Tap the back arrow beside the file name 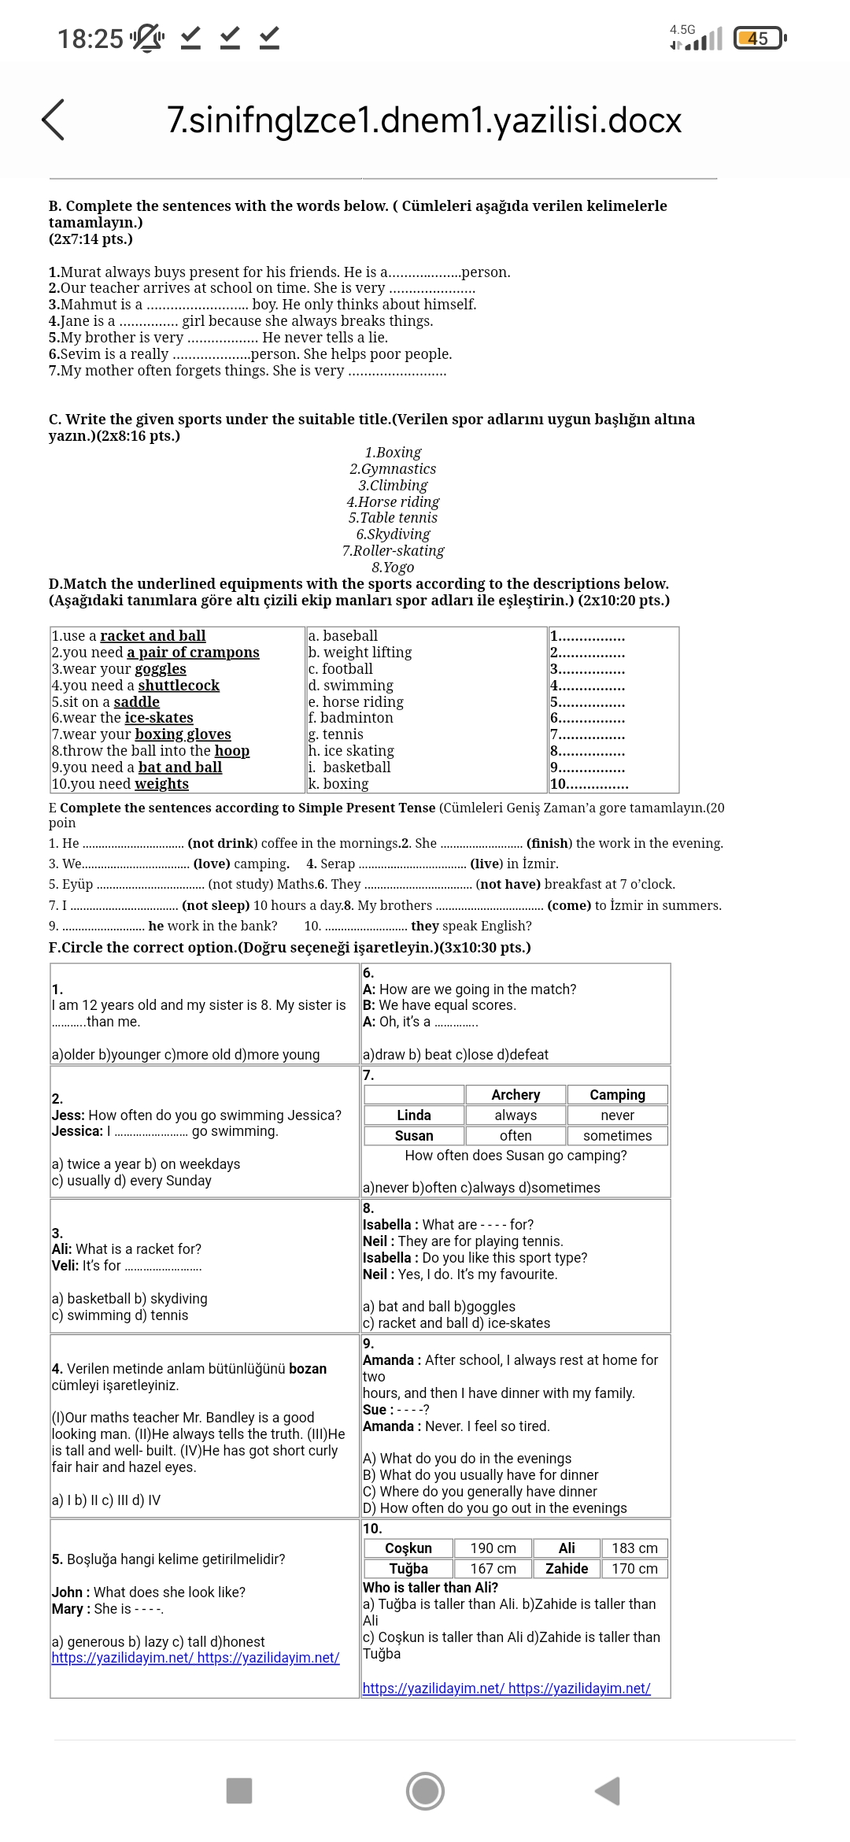(x=53, y=120)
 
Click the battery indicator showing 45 (x=759, y=38)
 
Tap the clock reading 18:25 (x=91, y=38)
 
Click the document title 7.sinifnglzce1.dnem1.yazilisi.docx (x=424, y=120)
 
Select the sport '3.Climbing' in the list (x=393, y=485)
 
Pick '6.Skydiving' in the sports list (x=393, y=534)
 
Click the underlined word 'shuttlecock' (x=179, y=685)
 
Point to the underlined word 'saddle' (x=137, y=701)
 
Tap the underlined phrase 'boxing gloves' (x=183, y=734)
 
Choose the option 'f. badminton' (x=350, y=718)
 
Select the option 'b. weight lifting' (x=360, y=652)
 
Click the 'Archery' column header (x=516, y=1094)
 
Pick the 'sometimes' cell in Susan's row (x=617, y=1135)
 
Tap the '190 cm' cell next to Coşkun (x=493, y=1548)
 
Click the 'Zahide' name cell (x=567, y=1568)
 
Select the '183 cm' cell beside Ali (x=634, y=1548)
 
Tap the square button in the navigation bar (x=239, y=1790)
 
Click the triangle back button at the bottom (x=608, y=1790)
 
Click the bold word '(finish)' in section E (x=549, y=843)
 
